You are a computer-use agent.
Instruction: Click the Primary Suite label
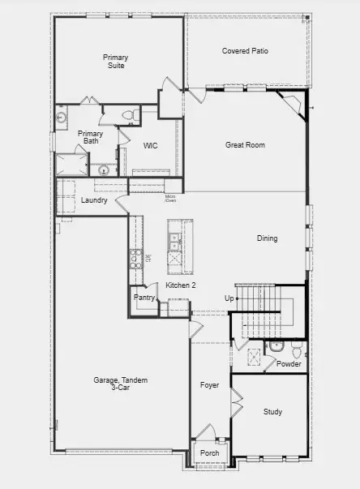(115, 62)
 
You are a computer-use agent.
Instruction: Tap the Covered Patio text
(245, 50)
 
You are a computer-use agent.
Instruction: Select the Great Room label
(245, 145)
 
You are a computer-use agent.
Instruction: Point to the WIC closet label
(150, 146)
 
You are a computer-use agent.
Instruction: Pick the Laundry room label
(94, 200)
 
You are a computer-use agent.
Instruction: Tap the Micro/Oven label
(170, 197)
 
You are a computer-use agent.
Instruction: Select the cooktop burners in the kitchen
(135, 259)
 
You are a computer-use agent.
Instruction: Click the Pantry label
(144, 298)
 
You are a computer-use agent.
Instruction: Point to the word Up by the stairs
(229, 298)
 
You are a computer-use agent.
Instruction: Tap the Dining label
(267, 238)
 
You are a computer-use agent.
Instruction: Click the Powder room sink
(276, 346)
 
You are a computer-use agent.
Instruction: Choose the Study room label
(272, 412)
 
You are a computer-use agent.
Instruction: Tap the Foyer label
(210, 384)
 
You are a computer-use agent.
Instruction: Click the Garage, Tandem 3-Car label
(120, 384)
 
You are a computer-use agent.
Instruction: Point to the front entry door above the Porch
(208, 434)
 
